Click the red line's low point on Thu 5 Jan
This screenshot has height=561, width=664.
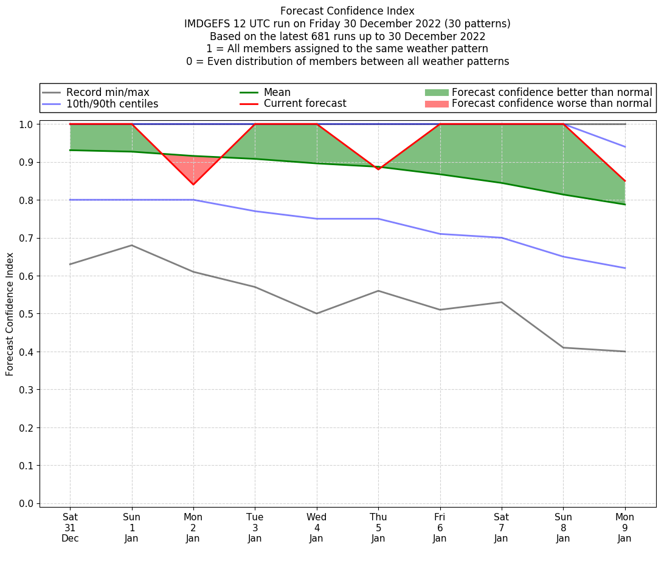378,169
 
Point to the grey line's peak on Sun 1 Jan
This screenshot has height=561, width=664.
132,245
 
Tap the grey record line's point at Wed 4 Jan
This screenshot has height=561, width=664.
317,313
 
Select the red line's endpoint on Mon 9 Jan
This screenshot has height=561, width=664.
624,181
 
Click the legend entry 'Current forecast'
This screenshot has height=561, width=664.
305,104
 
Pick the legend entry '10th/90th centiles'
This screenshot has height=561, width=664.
112,104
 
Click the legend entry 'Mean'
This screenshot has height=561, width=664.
277,92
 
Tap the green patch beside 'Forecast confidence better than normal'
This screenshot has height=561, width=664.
436,92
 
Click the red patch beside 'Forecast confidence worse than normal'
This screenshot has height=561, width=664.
436,104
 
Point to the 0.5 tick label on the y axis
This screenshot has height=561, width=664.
26,314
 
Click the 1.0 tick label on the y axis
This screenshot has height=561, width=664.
26,124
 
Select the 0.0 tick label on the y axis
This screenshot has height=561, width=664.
26,503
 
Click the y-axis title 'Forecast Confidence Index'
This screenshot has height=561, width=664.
10,314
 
